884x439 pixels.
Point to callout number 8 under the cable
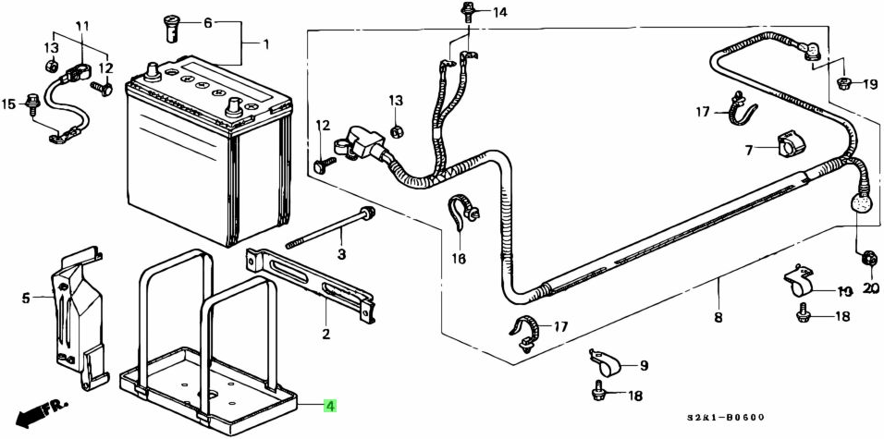(x=718, y=318)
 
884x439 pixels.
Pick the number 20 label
(x=869, y=288)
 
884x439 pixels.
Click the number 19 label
(x=870, y=85)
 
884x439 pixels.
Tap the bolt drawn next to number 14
(x=464, y=12)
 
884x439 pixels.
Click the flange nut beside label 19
(x=842, y=84)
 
